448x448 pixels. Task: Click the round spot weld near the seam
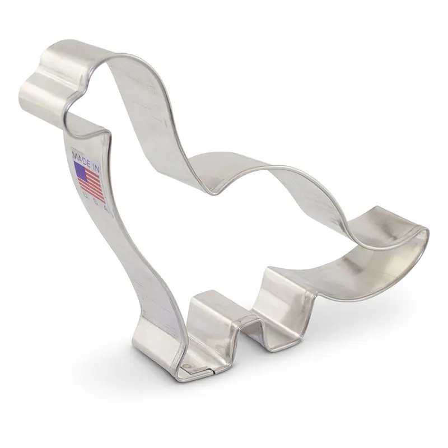coord(188,368)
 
